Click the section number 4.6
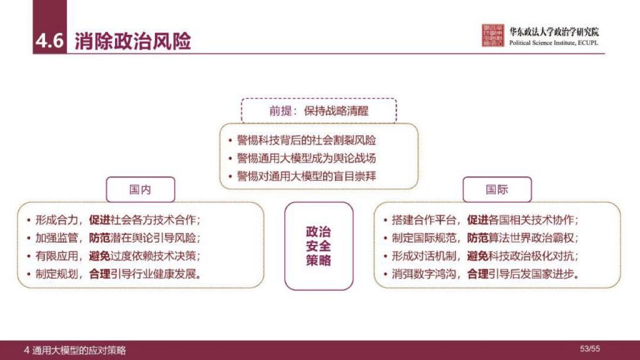point(49,41)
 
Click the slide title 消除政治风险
point(132,41)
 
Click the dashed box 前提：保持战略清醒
point(318,111)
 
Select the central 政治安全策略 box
point(319,246)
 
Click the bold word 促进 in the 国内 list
point(100,220)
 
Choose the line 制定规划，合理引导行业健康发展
point(118,274)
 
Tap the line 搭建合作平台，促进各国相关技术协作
point(484,220)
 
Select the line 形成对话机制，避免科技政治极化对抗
point(484,256)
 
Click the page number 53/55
point(589,348)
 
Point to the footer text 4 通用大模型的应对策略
point(74,350)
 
